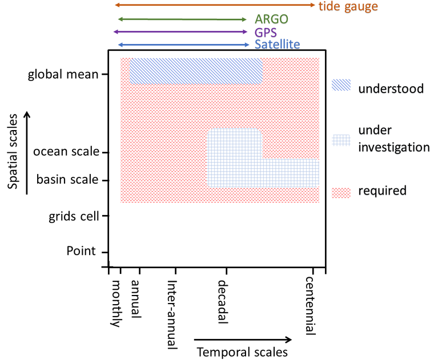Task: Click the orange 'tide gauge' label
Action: coord(348,7)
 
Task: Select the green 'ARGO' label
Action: coord(271,19)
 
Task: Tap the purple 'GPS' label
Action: coord(266,32)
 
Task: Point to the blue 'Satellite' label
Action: coord(277,45)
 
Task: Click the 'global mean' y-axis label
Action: coord(63,75)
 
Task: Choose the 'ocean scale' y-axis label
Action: coord(66,152)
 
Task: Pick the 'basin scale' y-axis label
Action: coord(67,180)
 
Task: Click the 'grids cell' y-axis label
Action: coord(74,216)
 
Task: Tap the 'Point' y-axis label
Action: coord(81,251)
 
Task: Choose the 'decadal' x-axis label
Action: coord(223,301)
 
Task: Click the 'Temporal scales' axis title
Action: coord(242,352)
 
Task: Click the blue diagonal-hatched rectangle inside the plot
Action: coord(196,71)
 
